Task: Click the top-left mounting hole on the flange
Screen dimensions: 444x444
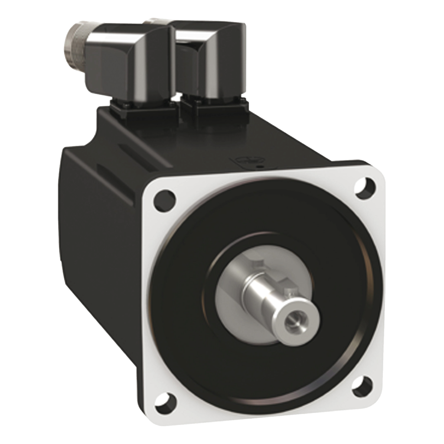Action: (x=165, y=200)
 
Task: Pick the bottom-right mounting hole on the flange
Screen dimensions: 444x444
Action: (x=362, y=385)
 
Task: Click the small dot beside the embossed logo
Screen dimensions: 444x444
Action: (x=259, y=166)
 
